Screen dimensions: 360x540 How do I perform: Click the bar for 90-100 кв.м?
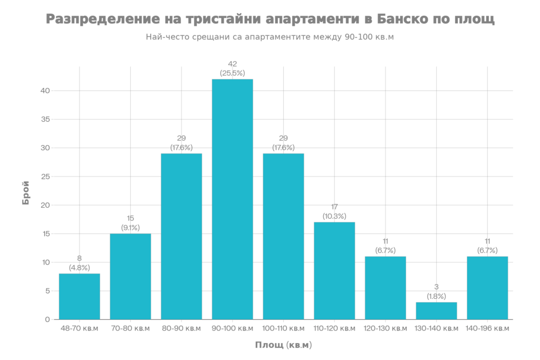(x=233, y=199)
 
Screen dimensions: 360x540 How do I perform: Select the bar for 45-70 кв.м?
(x=80, y=296)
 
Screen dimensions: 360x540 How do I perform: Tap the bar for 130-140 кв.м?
(x=437, y=310)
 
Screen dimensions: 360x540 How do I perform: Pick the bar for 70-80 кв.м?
(x=130, y=276)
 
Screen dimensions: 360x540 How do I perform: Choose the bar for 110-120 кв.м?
(x=334, y=270)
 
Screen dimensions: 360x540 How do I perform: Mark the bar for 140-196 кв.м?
(x=488, y=287)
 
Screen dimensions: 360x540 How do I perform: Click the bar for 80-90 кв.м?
(x=181, y=236)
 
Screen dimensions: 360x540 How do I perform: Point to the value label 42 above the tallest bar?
(x=233, y=64)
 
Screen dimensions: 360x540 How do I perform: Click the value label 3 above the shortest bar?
(x=437, y=287)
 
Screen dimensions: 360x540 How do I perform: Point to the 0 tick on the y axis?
(x=47, y=319)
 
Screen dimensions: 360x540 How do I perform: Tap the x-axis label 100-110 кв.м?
(x=284, y=328)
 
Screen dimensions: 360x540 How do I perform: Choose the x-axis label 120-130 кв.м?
(x=385, y=328)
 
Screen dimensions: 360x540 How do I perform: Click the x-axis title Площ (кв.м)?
(x=284, y=345)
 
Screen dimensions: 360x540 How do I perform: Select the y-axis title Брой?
(x=26, y=193)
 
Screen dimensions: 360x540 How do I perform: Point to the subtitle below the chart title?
(x=269, y=37)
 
